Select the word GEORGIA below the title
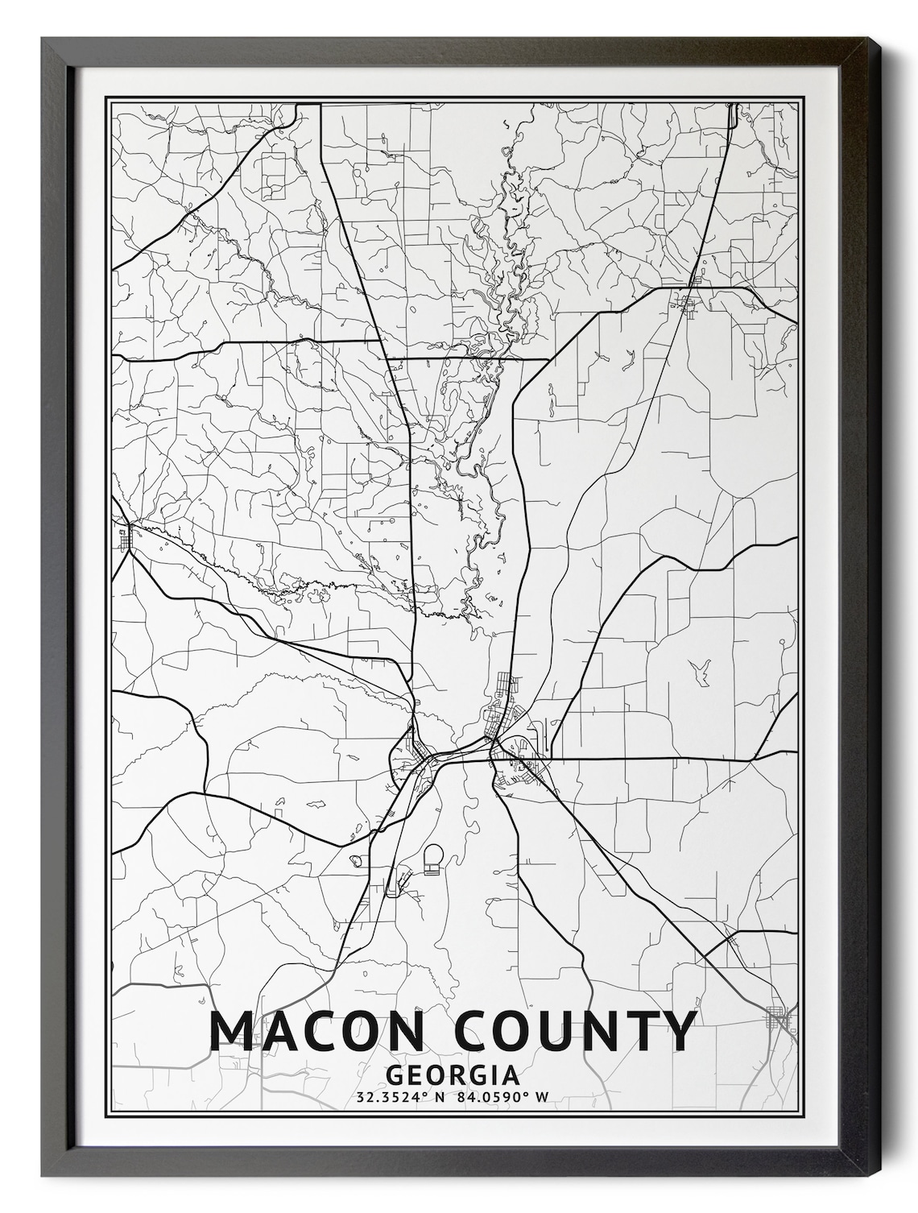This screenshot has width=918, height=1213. click(451, 1074)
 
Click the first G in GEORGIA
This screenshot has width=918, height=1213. click(395, 1074)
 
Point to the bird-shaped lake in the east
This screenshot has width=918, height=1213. click(701, 670)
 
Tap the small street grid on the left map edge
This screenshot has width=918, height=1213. click(126, 537)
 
